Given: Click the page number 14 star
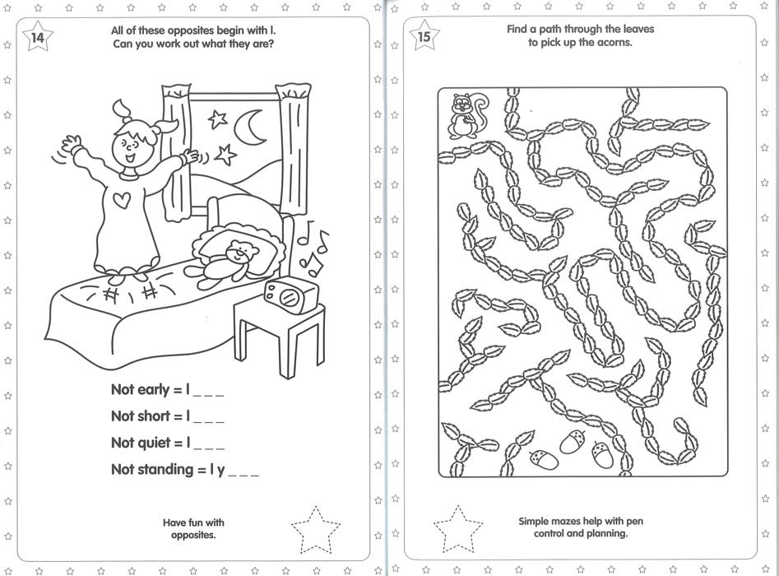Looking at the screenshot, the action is [38, 36].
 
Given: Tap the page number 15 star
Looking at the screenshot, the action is [424, 35].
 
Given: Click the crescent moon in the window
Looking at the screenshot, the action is [250, 126].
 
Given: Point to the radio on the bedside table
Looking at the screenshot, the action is [291, 295].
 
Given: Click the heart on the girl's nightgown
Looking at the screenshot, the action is [122, 200].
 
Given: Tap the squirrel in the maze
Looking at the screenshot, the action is [466, 116].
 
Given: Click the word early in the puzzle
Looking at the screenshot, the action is [154, 390].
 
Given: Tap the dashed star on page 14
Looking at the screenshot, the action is [316, 530].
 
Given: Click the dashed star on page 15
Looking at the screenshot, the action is [457, 529].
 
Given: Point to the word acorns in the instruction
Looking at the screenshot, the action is [615, 43].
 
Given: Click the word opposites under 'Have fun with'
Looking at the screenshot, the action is [193, 536].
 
